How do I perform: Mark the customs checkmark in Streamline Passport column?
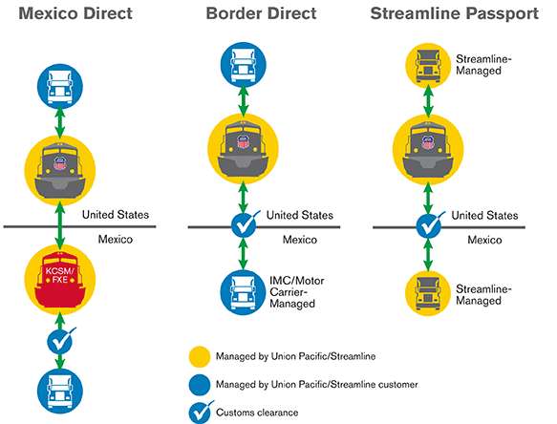(x=427, y=226)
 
